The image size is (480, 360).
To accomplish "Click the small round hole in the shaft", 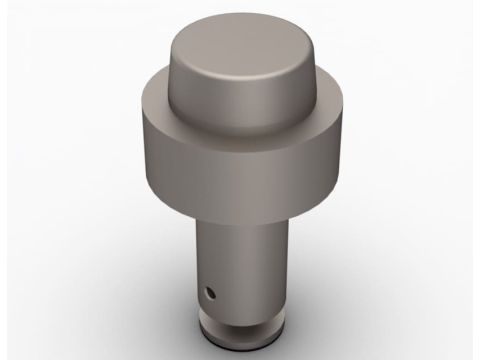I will pyautogui.click(x=209, y=293).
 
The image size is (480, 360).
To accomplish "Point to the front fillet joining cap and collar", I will pyautogui.click(x=239, y=136).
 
